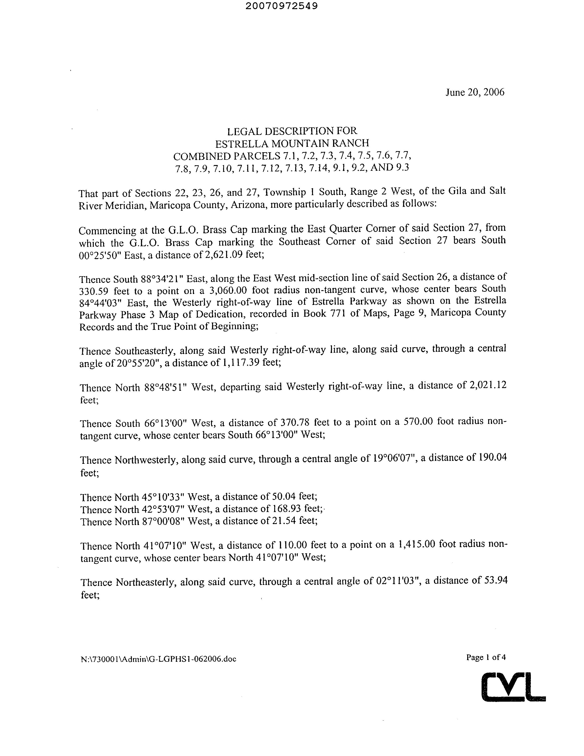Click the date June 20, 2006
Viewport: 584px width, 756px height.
(x=475, y=92)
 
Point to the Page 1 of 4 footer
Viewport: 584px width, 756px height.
(x=486, y=657)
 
